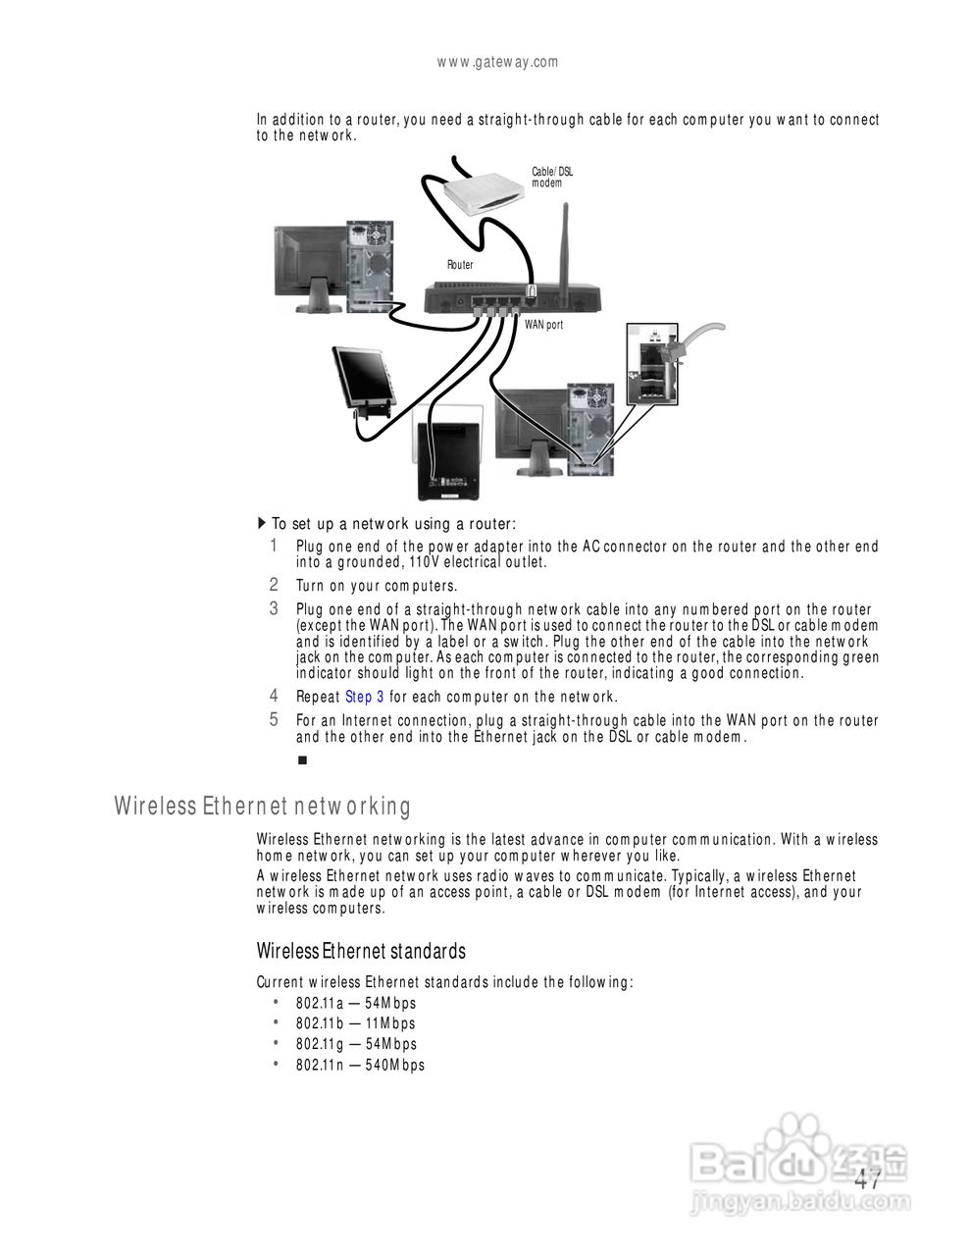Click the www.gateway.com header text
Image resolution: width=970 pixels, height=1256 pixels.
(x=497, y=62)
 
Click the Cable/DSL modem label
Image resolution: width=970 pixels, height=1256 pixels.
(x=552, y=178)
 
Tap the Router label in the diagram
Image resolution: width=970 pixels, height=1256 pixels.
(x=460, y=265)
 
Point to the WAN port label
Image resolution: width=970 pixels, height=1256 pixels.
(x=543, y=325)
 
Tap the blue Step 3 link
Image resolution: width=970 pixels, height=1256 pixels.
(x=364, y=697)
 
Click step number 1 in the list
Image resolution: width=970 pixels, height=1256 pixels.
(x=275, y=546)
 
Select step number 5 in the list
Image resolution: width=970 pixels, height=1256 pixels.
(x=275, y=720)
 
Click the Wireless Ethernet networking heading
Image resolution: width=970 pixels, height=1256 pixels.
(x=262, y=807)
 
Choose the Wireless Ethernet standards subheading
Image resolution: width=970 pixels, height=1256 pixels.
(x=361, y=951)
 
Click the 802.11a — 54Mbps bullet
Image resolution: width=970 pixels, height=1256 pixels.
(x=356, y=1003)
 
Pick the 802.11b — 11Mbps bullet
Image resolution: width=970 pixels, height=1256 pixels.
(x=355, y=1023)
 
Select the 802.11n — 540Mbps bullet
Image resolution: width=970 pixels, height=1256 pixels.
(x=360, y=1065)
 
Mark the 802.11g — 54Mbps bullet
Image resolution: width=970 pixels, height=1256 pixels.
(x=356, y=1044)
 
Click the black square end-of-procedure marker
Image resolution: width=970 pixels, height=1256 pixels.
(x=302, y=760)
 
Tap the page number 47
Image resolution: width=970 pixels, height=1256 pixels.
(x=867, y=1180)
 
